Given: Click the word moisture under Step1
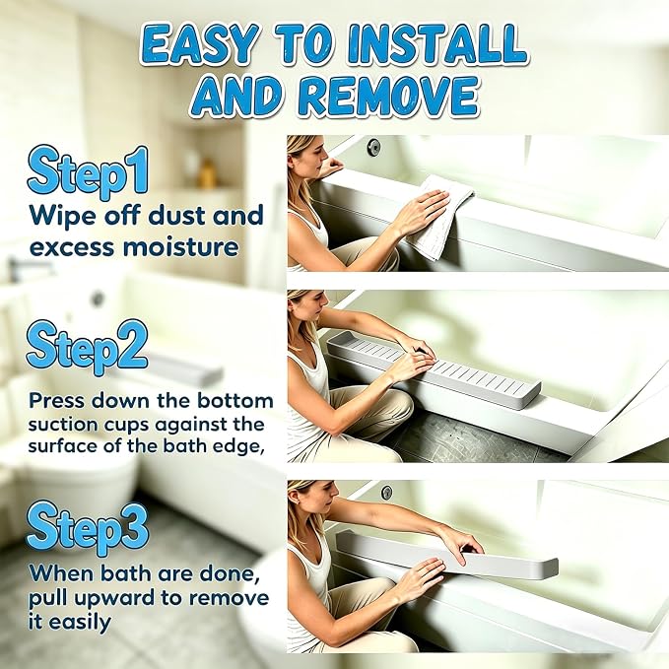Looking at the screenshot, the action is (x=180, y=247).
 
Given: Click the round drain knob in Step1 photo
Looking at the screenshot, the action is (x=374, y=147).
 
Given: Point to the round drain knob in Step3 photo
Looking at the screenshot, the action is (x=386, y=493).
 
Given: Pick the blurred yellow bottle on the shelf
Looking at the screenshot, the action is (x=208, y=174).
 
